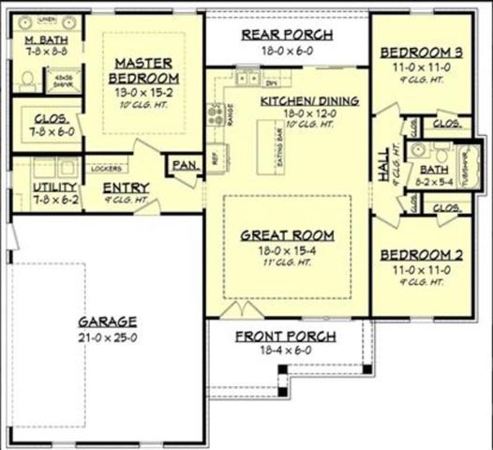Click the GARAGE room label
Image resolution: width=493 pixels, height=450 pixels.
coord(108,321)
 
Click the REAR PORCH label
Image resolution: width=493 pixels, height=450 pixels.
coord(288,36)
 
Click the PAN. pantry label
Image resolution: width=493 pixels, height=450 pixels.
coord(183,167)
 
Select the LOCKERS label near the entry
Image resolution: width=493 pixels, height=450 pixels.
coord(109,169)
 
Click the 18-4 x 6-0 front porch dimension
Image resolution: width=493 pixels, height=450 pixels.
coord(287,350)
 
